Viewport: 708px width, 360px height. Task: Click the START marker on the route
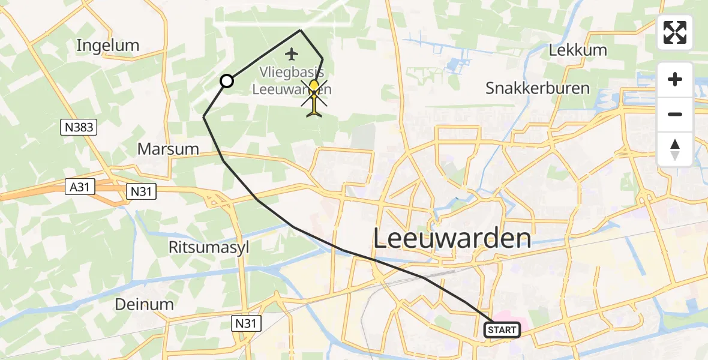point(502,329)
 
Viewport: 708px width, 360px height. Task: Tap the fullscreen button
point(675,32)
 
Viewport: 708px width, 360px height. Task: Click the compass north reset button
point(675,149)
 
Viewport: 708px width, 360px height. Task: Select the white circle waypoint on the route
point(227,81)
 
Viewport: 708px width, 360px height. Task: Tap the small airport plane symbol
point(292,55)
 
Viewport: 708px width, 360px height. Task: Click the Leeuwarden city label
point(452,239)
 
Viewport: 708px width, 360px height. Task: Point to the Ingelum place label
point(108,45)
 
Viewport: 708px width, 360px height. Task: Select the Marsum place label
point(169,149)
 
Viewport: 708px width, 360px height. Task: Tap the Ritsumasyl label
point(209,247)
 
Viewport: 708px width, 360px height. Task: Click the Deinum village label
point(146,304)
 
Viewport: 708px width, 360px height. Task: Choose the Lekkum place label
point(578,50)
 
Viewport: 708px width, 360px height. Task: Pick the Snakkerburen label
point(538,89)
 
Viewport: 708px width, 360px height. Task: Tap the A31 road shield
point(79,187)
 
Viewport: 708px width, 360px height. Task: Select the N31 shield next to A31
point(142,191)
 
